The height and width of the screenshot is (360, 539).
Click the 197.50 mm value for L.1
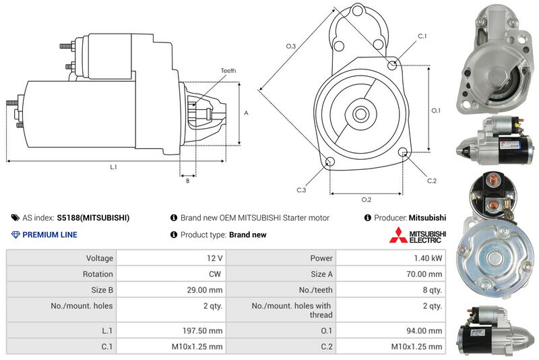coord(202,331)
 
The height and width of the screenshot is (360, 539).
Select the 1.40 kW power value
coord(428,258)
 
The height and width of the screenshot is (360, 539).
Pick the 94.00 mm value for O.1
coord(424,331)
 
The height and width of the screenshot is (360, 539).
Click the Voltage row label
coord(99,258)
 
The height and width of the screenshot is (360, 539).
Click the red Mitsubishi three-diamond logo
coord(398,235)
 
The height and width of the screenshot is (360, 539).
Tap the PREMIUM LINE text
coord(50,235)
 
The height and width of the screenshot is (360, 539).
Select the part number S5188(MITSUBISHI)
coord(93,218)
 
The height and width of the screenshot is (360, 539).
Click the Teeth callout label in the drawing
coord(228,71)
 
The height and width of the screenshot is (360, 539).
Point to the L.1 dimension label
coord(113,167)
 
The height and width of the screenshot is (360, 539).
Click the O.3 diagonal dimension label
coord(291,46)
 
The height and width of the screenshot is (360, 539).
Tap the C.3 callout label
coord(301,190)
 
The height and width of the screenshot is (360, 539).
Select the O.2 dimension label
coord(367,200)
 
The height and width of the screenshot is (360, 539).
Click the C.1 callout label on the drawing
coord(422,36)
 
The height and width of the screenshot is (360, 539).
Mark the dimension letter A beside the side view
coord(246,113)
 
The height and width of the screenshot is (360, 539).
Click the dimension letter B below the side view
coord(188,181)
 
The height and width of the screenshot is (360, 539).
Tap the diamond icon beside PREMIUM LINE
coord(15,235)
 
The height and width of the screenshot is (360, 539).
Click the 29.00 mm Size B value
coord(205,290)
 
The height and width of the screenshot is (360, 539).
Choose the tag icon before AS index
coord(15,218)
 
